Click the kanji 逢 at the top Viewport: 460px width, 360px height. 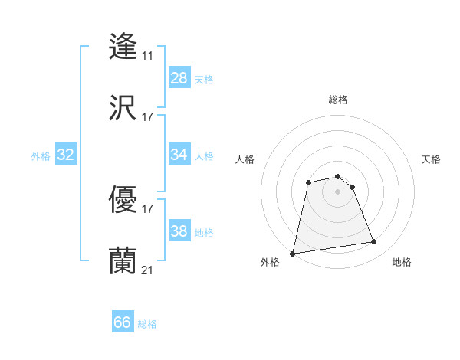[x=123, y=46]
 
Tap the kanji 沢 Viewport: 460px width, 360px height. [x=123, y=107]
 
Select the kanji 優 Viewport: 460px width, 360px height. [x=123, y=199]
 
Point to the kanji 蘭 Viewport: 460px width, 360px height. [x=123, y=260]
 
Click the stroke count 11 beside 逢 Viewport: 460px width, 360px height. [x=147, y=56]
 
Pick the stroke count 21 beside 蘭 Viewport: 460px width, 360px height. [x=147, y=270]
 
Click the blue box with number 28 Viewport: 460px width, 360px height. [x=179, y=78]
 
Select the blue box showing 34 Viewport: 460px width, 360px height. [x=179, y=155]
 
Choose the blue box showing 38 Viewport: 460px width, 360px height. [x=179, y=231]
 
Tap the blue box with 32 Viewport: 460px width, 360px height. [x=66, y=155]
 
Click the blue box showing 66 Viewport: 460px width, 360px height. [x=122, y=322]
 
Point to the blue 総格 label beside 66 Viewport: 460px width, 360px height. [x=147, y=324]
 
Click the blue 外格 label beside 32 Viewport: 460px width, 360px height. [x=41, y=156]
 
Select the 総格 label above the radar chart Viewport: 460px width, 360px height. [x=338, y=100]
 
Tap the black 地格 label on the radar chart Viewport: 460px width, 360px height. [x=402, y=262]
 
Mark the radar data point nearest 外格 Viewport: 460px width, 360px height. [x=293, y=253]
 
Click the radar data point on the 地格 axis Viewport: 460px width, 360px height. [x=373, y=242]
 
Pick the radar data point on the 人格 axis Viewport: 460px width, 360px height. [x=308, y=182]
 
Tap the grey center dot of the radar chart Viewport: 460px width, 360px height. [x=338, y=191]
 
